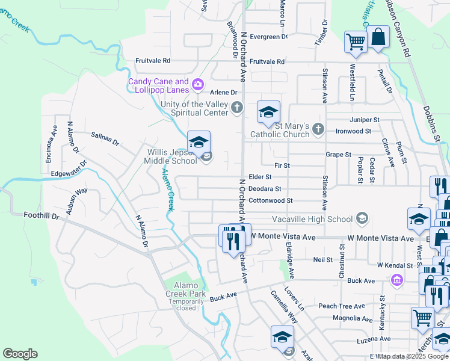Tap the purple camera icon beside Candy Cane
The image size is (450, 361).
point(197,86)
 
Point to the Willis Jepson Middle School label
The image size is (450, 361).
point(171,156)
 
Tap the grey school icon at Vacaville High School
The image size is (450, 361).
point(362,218)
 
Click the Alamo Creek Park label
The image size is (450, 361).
point(182,289)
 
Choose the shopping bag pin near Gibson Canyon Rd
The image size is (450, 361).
point(378,37)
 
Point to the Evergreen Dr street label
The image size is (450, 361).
point(269,37)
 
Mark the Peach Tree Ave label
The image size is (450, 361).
point(342,306)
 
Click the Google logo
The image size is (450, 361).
point(20,354)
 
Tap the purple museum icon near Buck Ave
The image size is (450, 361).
point(396,280)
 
